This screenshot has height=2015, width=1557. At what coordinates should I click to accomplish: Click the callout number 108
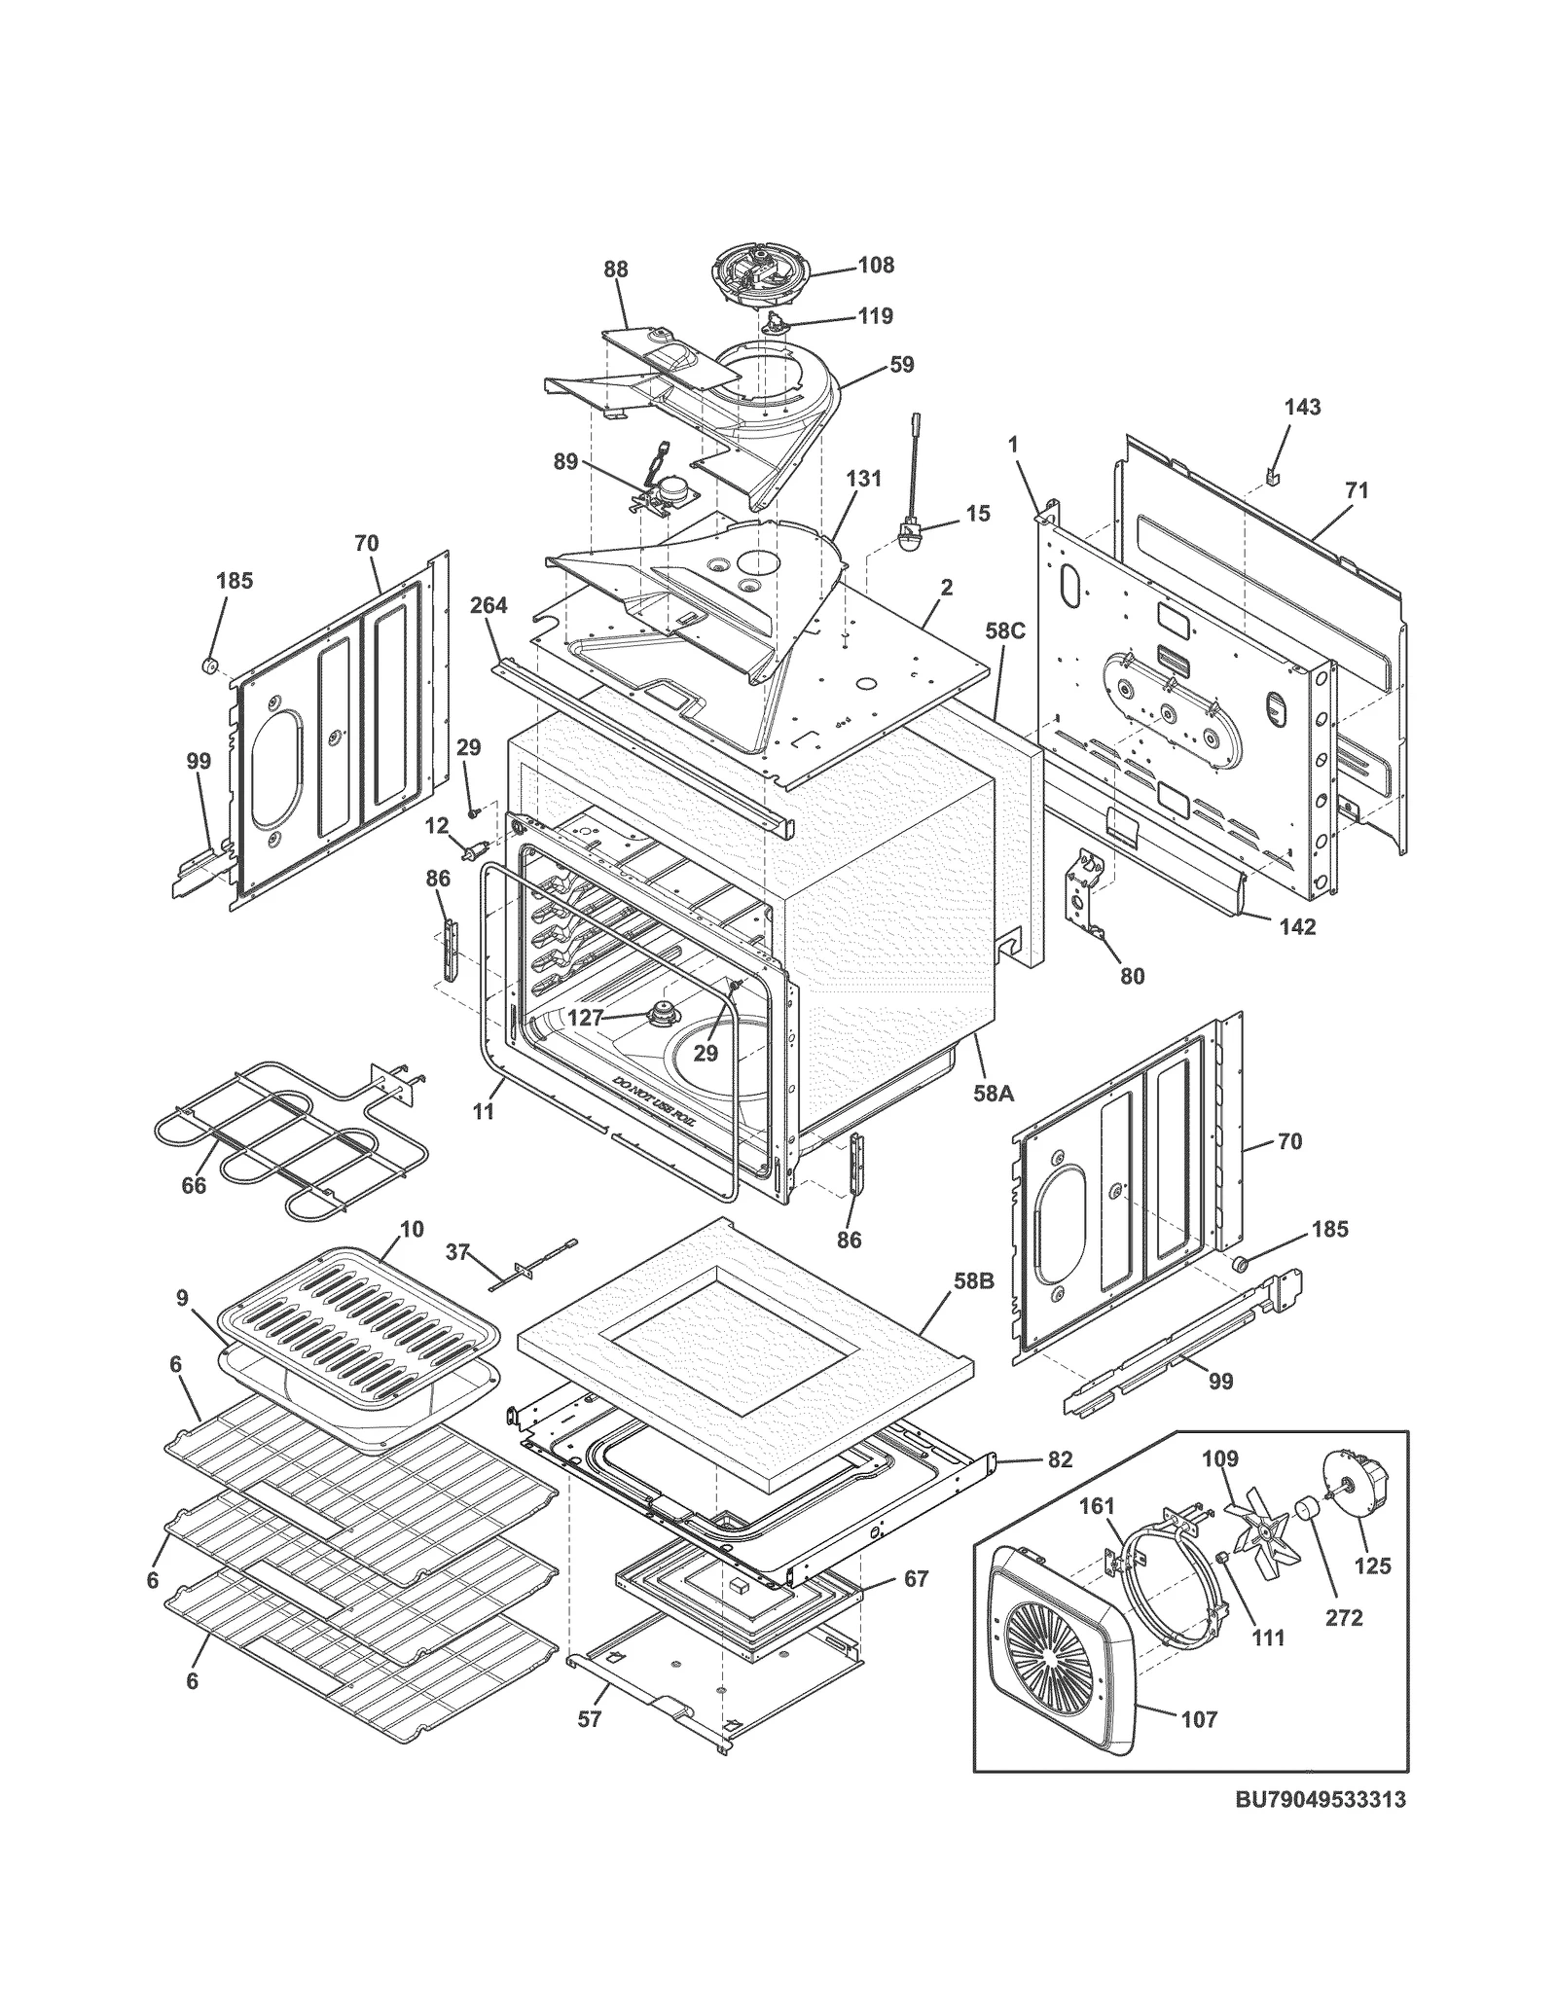(x=875, y=265)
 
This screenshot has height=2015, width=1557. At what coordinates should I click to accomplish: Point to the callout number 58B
(x=972, y=1281)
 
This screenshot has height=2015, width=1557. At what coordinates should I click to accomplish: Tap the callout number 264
(x=489, y=605)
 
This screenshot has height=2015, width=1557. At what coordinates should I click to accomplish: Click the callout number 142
(x=1296, y=926)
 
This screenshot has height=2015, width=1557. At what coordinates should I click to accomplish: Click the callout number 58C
(x=1005, y=630)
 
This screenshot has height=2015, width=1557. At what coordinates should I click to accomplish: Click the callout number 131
(x=863, y=479)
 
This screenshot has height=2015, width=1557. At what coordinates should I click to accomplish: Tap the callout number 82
(x=1060, y=1459)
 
